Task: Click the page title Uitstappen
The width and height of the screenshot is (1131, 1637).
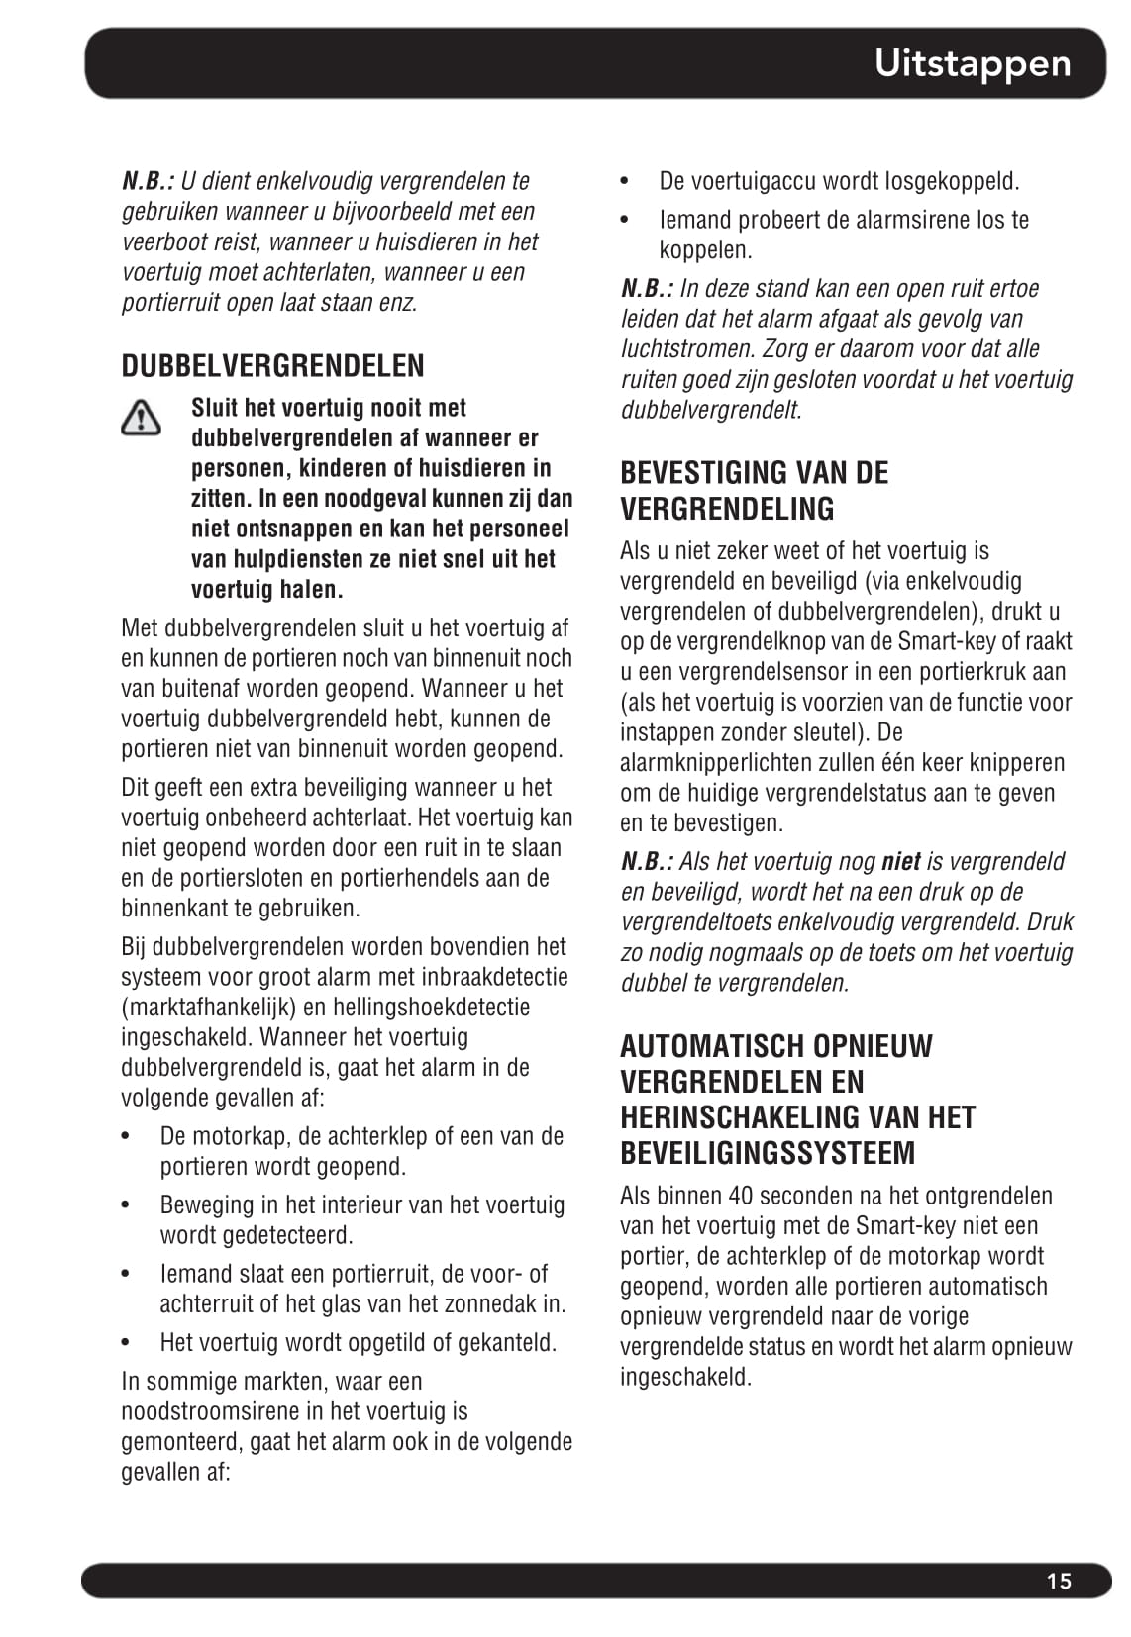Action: (x=972, y=63)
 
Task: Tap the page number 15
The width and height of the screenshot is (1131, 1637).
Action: (x=1059, y=1581)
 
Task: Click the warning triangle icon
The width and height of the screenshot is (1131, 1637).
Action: (x=141, y=417)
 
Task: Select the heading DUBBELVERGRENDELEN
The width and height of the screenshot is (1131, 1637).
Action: (x=272, y=366)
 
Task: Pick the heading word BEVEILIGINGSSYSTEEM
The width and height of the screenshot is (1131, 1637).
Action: (x=768, y=1153)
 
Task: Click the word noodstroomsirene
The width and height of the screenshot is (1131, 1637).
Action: (x=210, y=1411)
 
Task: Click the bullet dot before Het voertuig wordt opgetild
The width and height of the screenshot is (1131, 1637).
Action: (x=127, y=1343)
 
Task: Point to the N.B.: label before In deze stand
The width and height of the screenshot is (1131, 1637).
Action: (x=647, y=289)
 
